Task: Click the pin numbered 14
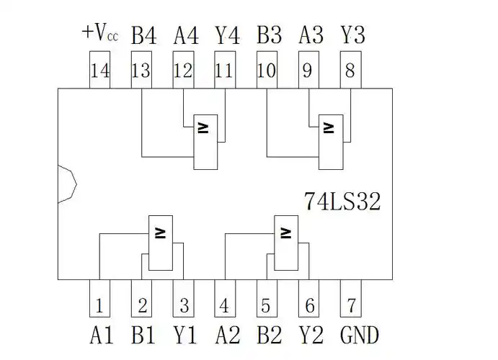point(99,72)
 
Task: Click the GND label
point(359,335)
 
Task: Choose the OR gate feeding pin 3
point(160,243)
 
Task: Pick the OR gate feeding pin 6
point(286,243)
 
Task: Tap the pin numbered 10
point(267,72)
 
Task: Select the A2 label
point(228,335)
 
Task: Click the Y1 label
point(185,335)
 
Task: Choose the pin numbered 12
point(184,72)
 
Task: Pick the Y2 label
point(311,335)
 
